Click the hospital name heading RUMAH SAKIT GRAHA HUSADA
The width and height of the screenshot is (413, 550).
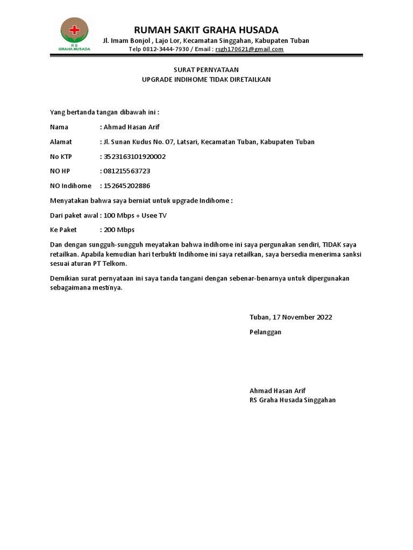click(x=206, y=30)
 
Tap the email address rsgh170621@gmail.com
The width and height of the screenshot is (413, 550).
click(x=249, y=49)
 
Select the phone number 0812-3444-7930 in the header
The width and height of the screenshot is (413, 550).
click(x=166, y=49)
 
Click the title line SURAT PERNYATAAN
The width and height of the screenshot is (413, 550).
click(x=206, y=70)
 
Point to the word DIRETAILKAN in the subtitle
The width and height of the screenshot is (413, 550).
click(x=247, y=79)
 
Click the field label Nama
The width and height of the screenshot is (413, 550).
click(x=59, y=127)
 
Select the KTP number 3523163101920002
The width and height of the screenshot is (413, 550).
click(x=134, y=157)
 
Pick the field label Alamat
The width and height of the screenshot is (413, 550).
click(x=61, y=142)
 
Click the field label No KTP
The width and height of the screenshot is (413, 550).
click(x=61, y=157)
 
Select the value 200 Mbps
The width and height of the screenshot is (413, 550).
click(x=119, y=230)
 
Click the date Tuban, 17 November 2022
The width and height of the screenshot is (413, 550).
click(x=291, y=317)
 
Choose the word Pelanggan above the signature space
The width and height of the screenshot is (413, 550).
click(x=266, y=332)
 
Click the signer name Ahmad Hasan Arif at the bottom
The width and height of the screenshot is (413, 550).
click(x=277, y=390)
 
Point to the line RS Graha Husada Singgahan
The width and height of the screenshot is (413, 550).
click(x=293, y=400)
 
